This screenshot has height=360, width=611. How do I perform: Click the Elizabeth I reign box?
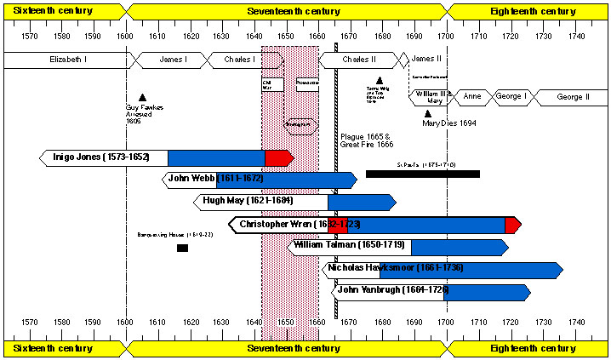[65, 60]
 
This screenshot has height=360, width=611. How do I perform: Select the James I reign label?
[174, 60]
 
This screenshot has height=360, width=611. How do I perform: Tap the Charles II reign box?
[358, 60]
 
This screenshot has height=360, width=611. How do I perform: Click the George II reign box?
[572, 97]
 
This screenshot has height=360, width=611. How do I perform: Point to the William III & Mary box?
[432, 96]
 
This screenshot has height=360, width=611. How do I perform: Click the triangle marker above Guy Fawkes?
[142, 97]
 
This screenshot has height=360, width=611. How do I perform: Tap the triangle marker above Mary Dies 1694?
[428, 113]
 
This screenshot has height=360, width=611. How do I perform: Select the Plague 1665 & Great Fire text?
[366, 140]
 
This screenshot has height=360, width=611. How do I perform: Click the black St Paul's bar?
[423, 174]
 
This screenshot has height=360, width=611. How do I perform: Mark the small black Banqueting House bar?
[182, 248]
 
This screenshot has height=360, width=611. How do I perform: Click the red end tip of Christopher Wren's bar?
[512, 224]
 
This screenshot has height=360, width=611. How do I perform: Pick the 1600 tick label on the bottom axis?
[125, 323]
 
